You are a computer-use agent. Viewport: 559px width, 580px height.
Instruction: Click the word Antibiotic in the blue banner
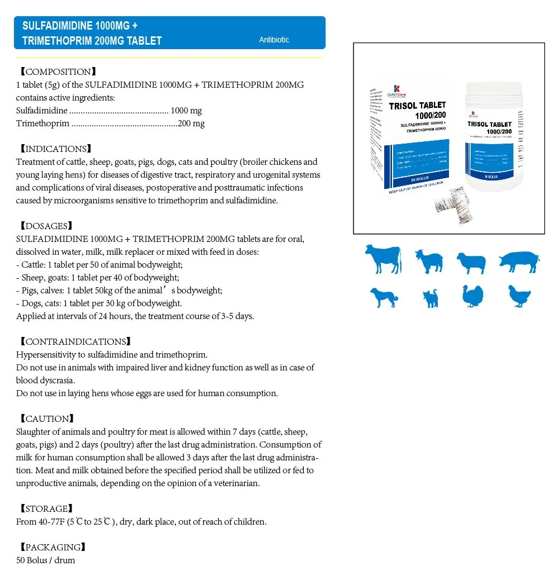[274, 40]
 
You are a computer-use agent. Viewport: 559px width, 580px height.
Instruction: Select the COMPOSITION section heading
[58, 72]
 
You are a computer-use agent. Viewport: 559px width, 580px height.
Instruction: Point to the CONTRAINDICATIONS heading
[75, 341]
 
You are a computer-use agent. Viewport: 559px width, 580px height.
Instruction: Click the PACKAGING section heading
[52, 547]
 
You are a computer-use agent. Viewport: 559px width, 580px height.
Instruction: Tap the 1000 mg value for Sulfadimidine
[186, 111]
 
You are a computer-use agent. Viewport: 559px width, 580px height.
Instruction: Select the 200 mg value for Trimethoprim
[191, 123]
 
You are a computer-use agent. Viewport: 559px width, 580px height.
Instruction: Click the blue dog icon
[384, 297]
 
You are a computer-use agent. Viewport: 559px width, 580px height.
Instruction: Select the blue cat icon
[431, 298]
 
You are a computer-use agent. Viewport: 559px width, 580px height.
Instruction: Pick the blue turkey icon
[472, 296]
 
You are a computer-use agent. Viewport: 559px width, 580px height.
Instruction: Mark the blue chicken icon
[519, 296]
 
